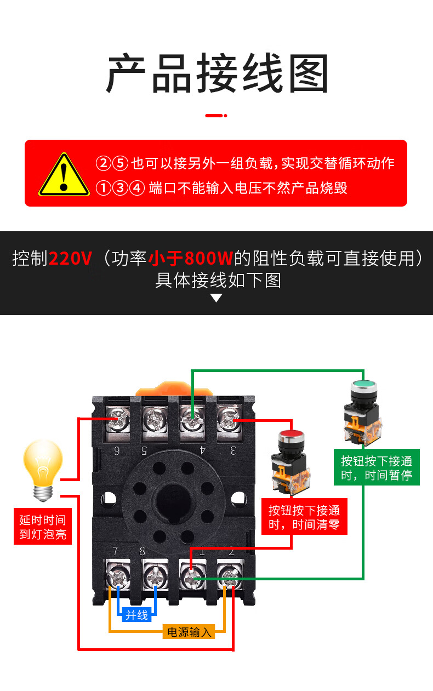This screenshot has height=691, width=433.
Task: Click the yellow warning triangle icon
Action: point(64,175)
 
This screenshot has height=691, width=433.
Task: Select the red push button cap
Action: point(291,436)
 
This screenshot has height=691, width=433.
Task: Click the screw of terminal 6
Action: point(118,420)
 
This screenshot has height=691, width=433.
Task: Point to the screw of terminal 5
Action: point(155,420)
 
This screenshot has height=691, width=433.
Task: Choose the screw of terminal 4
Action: point(192,420)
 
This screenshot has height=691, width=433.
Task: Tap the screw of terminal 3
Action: point(229,420)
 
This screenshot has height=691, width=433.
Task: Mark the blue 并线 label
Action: point(136,615)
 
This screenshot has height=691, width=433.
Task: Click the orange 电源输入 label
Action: point(189,632)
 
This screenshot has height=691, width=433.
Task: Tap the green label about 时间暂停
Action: point(377,467)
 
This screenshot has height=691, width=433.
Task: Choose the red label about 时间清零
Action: point(304,516)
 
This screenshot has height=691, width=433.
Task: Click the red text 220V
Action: point(70,258)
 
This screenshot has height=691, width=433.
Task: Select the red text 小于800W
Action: point(190,258)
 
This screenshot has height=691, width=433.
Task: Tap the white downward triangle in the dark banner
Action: point(216,298)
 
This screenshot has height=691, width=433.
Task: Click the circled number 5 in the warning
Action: point(120,163)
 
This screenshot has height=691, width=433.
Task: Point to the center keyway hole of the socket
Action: point(172,502)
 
